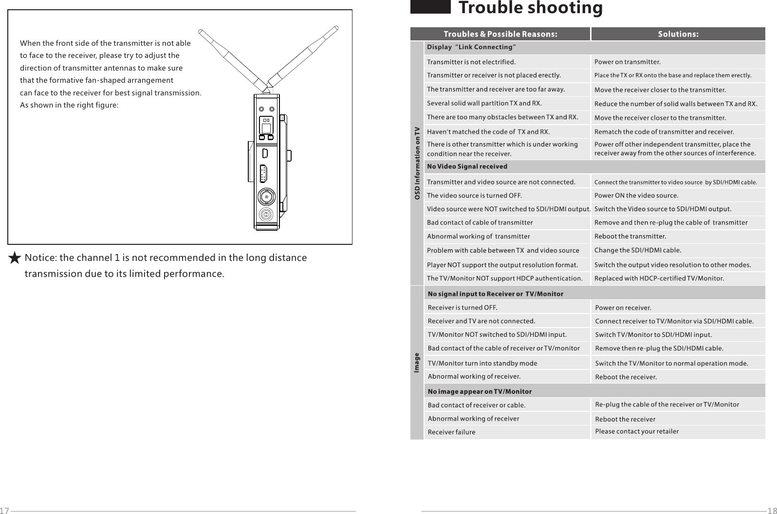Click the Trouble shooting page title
coord(530,8)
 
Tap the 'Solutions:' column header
coord(678,34)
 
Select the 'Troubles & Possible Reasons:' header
coord(500,34)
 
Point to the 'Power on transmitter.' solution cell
coord(628,62)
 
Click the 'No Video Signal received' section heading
coord(467,166)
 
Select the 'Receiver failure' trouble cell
coord(451,432)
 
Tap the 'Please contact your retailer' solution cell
coord(637,431)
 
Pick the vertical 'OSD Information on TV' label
coord(417,163)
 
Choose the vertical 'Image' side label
coord(417,363)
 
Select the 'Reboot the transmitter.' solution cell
coord(630,237)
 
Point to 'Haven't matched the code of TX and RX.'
coord(488,132)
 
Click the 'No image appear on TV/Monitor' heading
coord(480,391)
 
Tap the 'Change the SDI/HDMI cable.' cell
coord(638,251)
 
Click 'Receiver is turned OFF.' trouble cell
coord(462,308)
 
